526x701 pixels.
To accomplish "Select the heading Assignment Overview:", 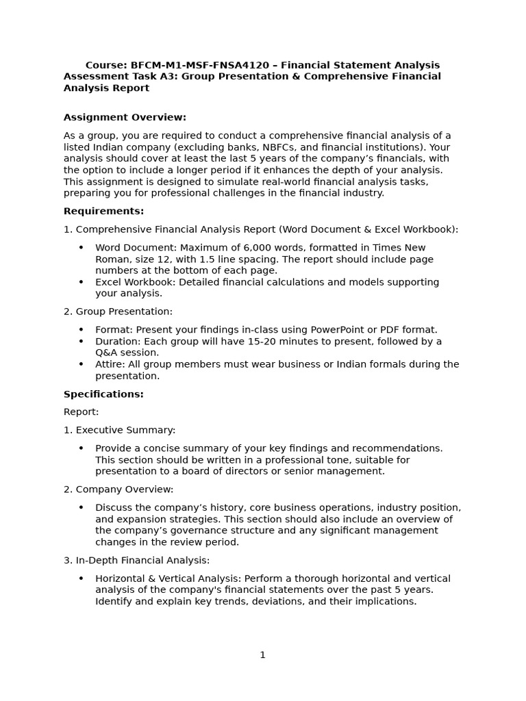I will click(x=125, y=117).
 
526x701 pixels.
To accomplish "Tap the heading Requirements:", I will click(x=103, y=211).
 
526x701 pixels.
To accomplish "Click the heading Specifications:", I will click(x=103, y=394).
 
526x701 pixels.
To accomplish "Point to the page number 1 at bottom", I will click(x=262, y=654).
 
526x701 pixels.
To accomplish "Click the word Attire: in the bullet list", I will click(x=111, y=364).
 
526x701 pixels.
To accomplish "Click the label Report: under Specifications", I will click(x=81, y=411).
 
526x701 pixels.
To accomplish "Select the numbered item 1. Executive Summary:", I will click(x=119, y=430).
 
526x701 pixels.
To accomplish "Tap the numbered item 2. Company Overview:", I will click(x=118, y=489).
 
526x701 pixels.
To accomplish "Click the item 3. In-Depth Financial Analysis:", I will click(x=136, y=560).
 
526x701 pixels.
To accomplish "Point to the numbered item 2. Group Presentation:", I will click(x=118, y=311).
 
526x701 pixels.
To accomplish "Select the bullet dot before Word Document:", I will click(x=81, y=248).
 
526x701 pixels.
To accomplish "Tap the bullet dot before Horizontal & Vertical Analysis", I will click(x=81, y=578).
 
